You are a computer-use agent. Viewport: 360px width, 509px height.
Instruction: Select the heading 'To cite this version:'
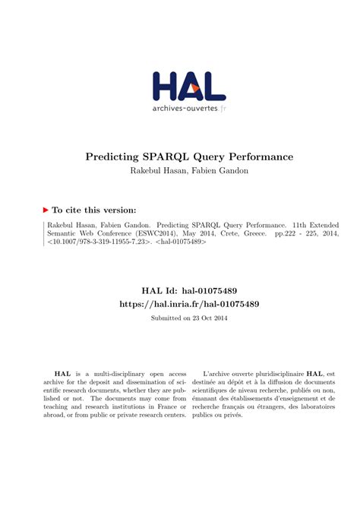[x=94, y=209]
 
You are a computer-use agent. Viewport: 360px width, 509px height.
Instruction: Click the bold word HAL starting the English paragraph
[x=49, y=375]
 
